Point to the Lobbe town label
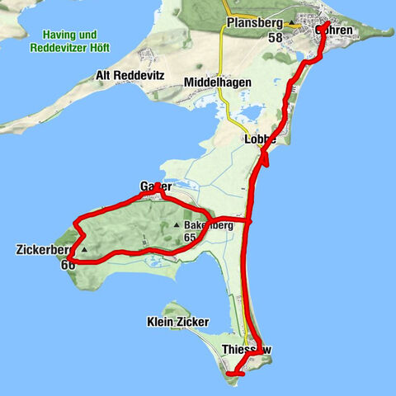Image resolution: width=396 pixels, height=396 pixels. click(x=260, y=139)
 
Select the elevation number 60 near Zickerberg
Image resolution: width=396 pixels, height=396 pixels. click(x=68, y=264)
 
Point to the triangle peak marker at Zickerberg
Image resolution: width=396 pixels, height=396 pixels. click(x=83, y=249)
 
